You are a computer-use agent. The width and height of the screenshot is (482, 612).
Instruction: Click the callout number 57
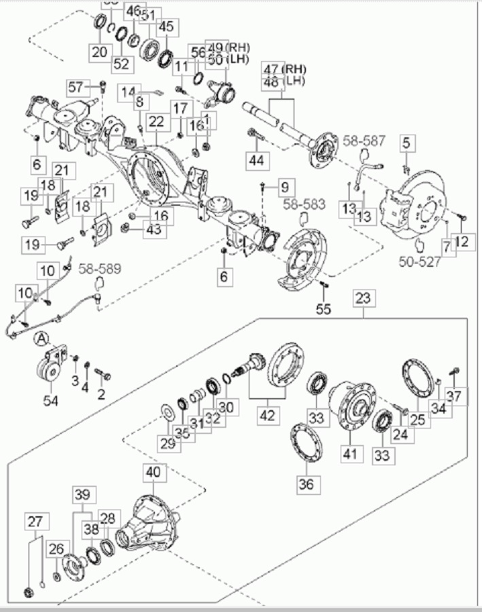click(75, 86)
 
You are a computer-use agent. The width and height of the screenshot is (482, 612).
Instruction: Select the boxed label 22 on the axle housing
click(157, 122)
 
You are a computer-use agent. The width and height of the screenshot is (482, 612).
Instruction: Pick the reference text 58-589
click(99, 268)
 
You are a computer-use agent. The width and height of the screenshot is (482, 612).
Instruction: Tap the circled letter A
click(41, 337)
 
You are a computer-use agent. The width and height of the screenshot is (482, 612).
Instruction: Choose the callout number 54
click(51, 400)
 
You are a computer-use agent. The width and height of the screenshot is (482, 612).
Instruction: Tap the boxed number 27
click(35, 522)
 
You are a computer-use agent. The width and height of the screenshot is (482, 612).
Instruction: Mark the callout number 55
click(323, 309)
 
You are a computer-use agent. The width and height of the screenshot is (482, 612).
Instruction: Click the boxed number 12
click(463, 240)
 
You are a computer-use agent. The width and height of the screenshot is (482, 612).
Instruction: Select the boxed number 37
click(456, 395)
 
